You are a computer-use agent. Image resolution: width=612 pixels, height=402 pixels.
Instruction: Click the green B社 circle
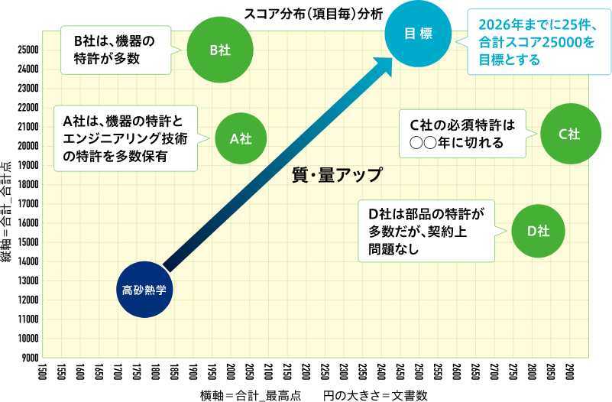point(220,50)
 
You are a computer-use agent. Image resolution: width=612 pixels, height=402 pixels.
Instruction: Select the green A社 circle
point(241,138)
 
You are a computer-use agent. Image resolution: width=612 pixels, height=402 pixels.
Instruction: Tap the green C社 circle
point(569,134)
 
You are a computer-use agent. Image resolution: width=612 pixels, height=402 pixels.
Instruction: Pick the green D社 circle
point(539,231)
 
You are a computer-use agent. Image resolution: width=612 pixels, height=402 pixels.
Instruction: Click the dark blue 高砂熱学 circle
point(144,290)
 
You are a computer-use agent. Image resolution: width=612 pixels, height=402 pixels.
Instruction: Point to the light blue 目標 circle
point(418,34)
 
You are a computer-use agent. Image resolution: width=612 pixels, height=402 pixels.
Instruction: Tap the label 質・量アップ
point(337,174)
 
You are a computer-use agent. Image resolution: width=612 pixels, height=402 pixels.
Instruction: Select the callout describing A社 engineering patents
point(125,138)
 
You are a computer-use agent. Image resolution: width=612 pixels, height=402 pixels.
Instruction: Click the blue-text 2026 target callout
point(538,42)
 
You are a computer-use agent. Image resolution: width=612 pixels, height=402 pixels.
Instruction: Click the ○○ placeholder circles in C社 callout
point(423,142)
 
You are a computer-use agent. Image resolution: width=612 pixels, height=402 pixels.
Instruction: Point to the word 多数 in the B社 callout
point(127,58)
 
